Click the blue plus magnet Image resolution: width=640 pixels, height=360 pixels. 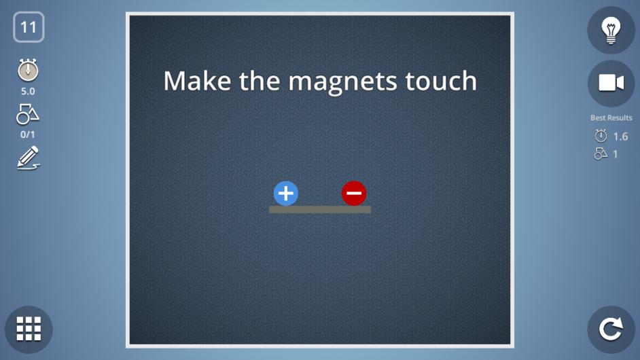tap(286, 194)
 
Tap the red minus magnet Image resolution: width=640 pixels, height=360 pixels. tap(354, 194)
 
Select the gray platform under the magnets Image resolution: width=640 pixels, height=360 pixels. tap(320, 209)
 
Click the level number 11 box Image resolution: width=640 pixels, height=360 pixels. tap(29, 27)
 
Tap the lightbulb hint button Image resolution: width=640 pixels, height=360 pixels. tap(611, 30)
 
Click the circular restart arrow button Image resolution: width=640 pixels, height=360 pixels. tap(611, 329)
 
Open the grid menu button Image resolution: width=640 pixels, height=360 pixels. tap(29, 329)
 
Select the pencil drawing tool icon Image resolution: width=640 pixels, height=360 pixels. tap(28, 158)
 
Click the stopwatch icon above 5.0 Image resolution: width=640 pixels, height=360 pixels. tap(28, 70)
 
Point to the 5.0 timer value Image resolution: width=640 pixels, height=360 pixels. tap(28, 91)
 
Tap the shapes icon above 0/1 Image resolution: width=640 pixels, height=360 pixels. tap(28, 114)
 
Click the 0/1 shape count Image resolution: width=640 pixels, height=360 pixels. tap(28, 134)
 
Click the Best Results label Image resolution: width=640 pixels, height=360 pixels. tap(611, 118)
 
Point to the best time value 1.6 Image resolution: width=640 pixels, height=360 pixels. tap(620, 137)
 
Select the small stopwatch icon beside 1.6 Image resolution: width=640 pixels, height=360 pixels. tap(601, 136)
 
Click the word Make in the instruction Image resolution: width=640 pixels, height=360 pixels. tap(197, 80)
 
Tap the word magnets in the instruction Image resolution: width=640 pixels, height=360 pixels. tap(342, 82)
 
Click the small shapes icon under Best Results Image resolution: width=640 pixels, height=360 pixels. tap(601, 154)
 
